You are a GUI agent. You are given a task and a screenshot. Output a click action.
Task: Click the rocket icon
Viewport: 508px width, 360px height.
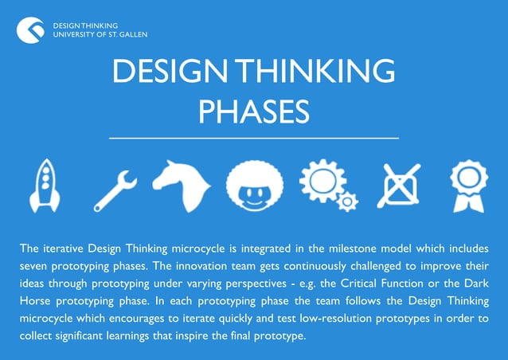[45, 186]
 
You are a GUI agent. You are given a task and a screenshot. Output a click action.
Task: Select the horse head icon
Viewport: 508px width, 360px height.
[181, 186]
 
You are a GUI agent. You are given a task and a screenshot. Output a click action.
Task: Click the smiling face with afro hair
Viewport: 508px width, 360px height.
[254, 186]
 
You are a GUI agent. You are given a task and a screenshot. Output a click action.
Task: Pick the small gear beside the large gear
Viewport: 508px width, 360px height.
[347, 201]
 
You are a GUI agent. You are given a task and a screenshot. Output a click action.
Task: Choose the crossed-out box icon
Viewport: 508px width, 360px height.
[398, 186]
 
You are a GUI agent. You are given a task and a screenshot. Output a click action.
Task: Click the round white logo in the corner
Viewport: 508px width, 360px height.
[30, 30]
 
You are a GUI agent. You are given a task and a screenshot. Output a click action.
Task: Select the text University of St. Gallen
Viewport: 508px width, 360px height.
[100, 35]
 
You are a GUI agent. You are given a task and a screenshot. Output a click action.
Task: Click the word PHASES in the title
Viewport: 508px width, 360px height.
[253, 112]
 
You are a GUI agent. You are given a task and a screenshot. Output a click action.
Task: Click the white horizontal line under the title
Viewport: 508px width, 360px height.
[253, 138]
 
